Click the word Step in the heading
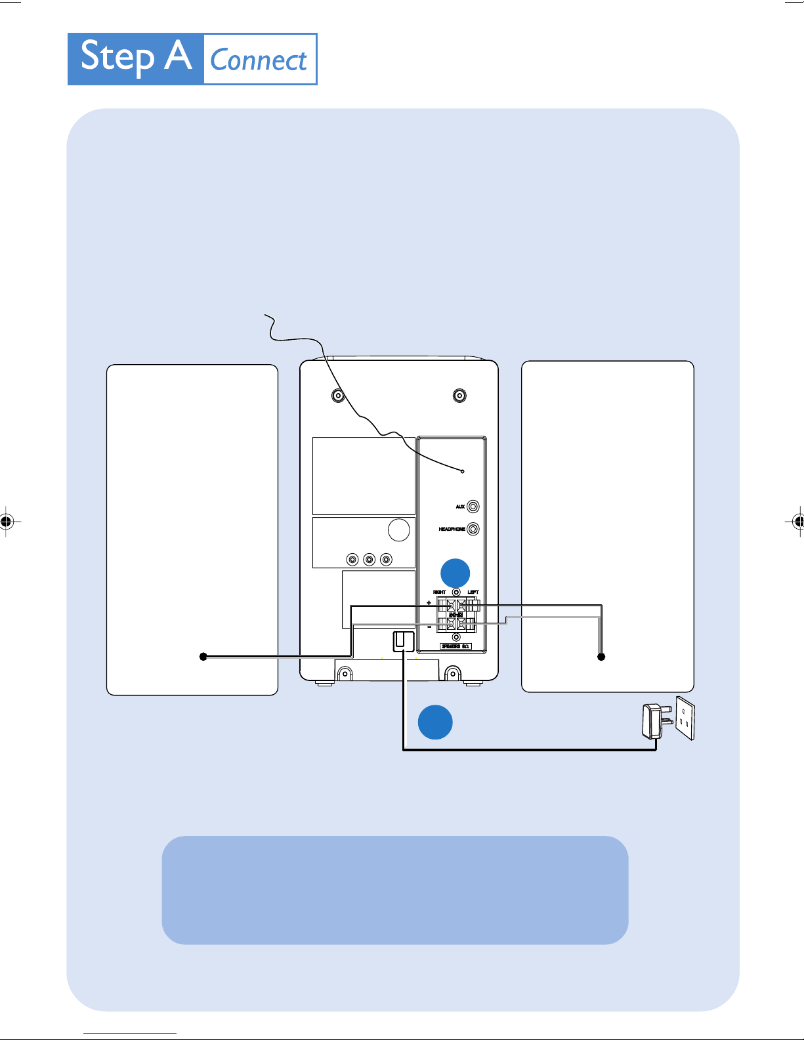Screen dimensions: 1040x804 tap(117, 58)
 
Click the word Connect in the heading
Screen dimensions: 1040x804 tap(259, 60)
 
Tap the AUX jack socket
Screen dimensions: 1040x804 tap(473, 507)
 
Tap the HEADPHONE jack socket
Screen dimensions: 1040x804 tap(473, 529)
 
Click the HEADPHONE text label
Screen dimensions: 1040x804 tap(452, 529)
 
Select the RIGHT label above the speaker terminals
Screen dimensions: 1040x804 tap(440, 592)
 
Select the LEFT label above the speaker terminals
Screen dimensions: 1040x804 tap(473, 592)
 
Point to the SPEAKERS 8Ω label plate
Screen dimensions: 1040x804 tap(455, 646)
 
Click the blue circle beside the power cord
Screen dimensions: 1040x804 tap(435, 722)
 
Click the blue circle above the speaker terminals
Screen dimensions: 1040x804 tap(455, 573)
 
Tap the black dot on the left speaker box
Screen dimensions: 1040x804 tap(203, 656)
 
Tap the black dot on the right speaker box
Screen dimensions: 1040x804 tap(601, 656)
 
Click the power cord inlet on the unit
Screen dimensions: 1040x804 tap(403, 641)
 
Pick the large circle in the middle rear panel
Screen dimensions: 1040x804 tap(399, 530)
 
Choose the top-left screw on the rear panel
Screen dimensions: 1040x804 tap(338, 396)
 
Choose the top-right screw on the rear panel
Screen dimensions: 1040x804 tap(459, 396)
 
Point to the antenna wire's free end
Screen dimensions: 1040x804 tap(266, 316)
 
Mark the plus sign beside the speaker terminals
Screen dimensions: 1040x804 tap(429, 602)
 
